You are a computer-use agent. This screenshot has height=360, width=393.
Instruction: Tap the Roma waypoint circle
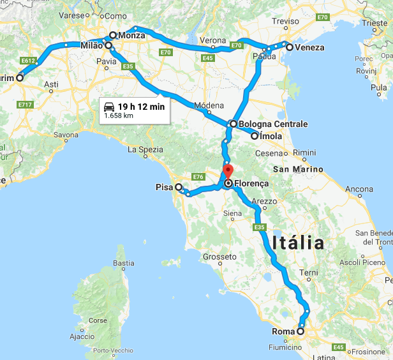click(300, 331)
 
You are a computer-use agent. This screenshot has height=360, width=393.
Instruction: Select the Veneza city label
click(309, 47)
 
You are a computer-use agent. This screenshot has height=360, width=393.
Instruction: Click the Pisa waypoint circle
click(179, 188)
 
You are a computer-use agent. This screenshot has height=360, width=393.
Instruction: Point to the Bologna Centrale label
click(274, 124)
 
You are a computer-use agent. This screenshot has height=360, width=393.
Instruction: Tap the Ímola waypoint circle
click(255, 136)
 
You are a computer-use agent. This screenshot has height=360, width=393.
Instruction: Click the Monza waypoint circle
click(113, 36)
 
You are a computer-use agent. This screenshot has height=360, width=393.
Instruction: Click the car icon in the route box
click(109, 107)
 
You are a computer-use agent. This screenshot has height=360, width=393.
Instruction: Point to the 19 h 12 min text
click(140, 107)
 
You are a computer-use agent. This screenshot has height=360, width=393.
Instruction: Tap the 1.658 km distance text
click(119, 116)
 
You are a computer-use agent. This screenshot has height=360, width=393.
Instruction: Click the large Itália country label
click(298, 243)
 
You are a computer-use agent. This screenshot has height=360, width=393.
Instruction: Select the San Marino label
click(297, 169)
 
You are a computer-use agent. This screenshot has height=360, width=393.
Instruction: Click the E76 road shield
click(198, 176)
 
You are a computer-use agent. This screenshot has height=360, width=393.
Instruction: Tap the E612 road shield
click(27, 61)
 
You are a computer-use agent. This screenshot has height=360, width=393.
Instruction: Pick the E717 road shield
click(26, 104)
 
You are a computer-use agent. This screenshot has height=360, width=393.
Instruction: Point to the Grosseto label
click(219, 257)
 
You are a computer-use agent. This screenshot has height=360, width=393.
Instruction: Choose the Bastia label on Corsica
click(123, 263)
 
